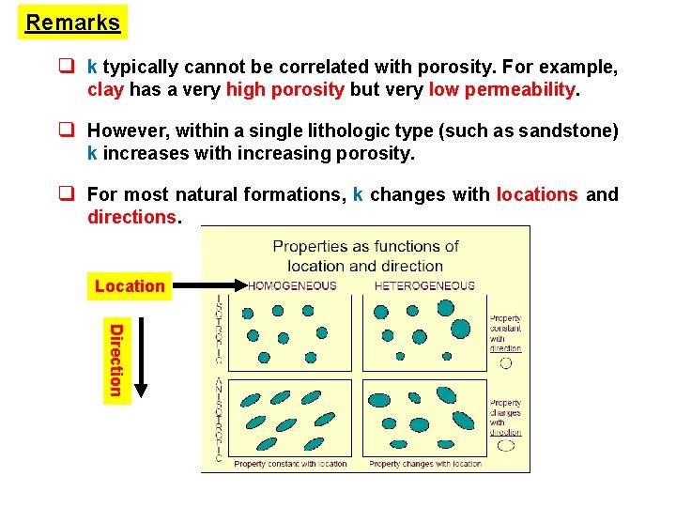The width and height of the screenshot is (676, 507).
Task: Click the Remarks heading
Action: coord(72,23)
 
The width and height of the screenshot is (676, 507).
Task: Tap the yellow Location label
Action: coord(129,285)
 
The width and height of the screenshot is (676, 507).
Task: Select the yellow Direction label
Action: coord(115,360)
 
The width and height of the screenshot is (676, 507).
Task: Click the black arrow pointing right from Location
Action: coord(204,284)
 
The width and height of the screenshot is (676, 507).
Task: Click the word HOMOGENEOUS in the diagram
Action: coord(291,285)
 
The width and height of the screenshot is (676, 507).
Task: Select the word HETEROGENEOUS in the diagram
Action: coord(424,285)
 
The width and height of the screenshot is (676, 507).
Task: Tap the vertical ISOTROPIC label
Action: coord(219,330)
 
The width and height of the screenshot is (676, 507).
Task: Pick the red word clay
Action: coord(103,90)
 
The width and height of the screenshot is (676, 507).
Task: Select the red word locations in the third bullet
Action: coord(537,194)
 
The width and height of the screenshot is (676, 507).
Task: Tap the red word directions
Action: coord(131,217)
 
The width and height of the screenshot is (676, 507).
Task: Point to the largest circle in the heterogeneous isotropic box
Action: coord(461,328)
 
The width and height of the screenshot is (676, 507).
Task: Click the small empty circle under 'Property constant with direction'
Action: coord(506,362)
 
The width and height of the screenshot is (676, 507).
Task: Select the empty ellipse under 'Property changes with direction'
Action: coord(506,447)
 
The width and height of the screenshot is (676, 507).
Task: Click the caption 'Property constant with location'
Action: coord(290,464)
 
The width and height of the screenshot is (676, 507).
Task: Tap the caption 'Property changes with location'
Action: coord(425,464)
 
